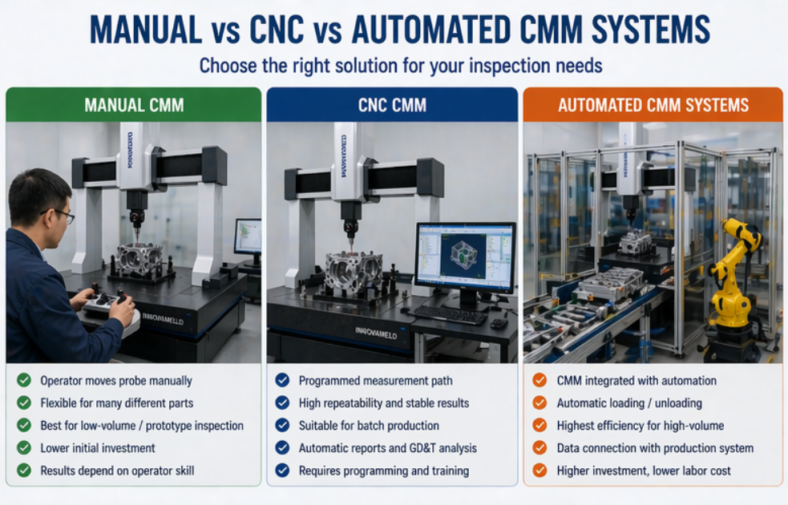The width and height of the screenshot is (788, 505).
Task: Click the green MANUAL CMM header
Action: tap(134, 105)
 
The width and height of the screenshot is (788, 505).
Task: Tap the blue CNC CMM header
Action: tap(392, 105)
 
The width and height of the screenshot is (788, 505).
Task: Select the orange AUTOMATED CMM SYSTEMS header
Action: tap(653, 105)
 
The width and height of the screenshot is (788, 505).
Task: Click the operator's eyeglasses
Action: tap(60, 215)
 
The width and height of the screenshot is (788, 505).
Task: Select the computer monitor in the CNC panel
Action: tap(465, 258)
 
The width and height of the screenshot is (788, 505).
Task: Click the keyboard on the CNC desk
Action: tap(451, 313)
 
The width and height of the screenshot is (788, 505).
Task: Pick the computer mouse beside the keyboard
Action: tap(499, 323)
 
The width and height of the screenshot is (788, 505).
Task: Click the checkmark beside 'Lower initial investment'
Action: tap(25, 448)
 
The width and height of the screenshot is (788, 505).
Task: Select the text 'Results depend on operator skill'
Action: tap(117, 471)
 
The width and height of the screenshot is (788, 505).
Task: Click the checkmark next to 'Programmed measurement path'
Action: tap(282, 381)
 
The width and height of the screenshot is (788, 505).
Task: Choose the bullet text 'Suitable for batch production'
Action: tap(369, 426)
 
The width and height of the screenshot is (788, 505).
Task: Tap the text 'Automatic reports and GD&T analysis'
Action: tap(388, 448)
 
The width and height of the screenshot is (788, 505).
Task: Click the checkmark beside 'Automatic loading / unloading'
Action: tap(540, 403)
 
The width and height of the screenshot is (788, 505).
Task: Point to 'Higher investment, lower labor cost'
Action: tap(644, 471)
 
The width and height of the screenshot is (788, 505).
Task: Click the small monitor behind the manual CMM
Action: tap(248, 238)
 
